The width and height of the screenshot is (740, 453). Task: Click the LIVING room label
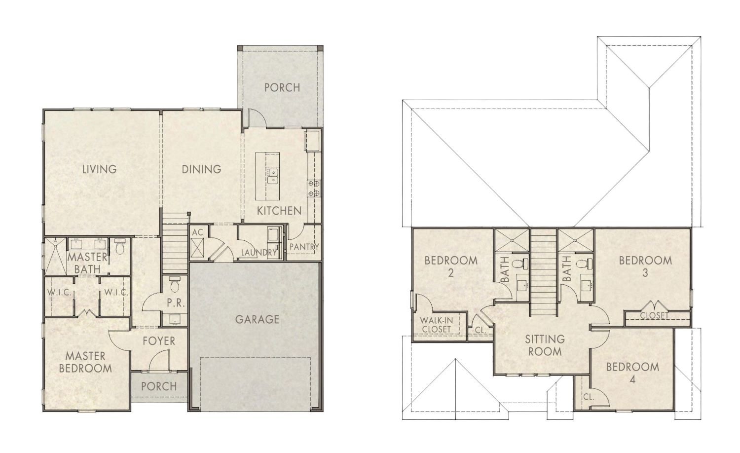click(99, 169)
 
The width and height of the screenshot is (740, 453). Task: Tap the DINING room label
click(201, 169)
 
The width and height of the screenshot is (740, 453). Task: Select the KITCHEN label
click(279, 211)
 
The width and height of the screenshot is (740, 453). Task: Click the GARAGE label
click(257, 319)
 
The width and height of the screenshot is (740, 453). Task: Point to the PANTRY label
click(304, 246)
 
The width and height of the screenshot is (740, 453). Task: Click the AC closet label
click(197, 232)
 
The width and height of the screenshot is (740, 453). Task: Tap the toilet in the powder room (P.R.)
click(174, 285)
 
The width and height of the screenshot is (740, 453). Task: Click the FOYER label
click(159, 341)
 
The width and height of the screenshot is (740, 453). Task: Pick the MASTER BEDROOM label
click(85, 362)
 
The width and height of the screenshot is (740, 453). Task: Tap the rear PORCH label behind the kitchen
click(282, 87)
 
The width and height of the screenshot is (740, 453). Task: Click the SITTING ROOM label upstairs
click(544, 345)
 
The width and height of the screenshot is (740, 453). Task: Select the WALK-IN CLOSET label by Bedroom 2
click(436, 324)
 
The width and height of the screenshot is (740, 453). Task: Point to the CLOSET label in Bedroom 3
click(654, 316)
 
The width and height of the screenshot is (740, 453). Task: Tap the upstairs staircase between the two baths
click(544, 271)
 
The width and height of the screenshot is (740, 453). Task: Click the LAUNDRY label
click(259, 253)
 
